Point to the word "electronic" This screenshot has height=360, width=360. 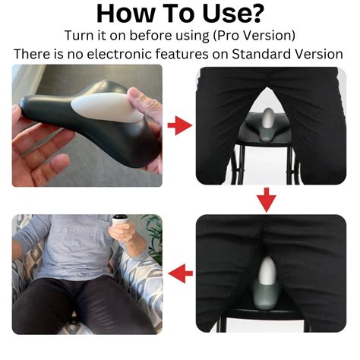(x=119, y=54)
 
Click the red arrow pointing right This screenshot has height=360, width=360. (x=180, y=125)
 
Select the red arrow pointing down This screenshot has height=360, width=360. (x=266, y=200)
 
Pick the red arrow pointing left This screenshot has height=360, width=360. (x=181, y=273)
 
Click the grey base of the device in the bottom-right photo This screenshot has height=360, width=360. (x=266, y=295)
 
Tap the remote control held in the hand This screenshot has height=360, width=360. (x=120, y=219)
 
